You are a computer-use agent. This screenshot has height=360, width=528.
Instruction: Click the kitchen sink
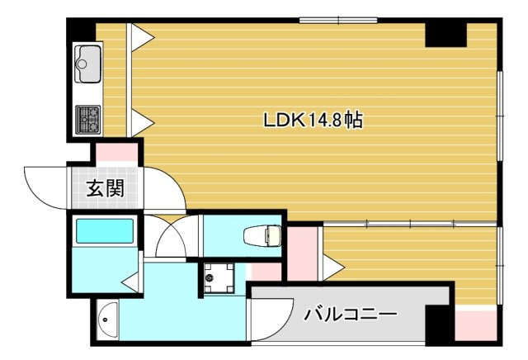coord(88,62)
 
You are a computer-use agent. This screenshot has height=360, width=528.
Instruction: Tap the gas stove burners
coord(87,118)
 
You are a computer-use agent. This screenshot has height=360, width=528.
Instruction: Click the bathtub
coord(104,232)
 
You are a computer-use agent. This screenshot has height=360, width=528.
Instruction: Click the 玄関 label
coord(106,189)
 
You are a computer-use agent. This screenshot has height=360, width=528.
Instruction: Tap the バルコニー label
coord(351,314)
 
